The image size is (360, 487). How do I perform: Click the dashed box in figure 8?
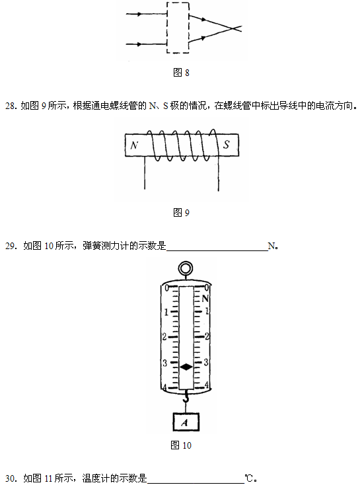tap(167, 28)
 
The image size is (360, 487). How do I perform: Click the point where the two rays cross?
tap(232, 28)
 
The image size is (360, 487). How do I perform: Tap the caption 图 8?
tap(181, 73)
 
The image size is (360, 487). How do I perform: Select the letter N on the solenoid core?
tap(134, 145)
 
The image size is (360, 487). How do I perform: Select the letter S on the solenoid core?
tap(227, 145)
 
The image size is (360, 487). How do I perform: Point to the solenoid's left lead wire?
tap(144, 172)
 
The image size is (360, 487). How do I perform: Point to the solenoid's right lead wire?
tap(219, 173)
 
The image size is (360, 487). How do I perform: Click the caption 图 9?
tap(181, 212)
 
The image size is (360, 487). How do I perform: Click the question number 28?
tap(11, 106)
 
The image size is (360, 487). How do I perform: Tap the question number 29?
tap(11, 246)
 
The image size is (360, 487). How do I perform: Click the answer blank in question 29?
tap(217, 250)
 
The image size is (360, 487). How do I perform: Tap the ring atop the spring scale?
tap(185, 268)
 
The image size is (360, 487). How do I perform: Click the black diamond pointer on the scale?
tap(186, 367)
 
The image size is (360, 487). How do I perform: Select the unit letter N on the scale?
tap(205, 299)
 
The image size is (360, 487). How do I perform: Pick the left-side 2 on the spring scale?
tap(164, 337)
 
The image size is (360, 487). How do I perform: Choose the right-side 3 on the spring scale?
tap(205, 362)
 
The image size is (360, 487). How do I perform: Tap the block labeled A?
tap(186, 422)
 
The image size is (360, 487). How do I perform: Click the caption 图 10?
tap(181, 445)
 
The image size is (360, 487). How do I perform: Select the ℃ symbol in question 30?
tap(249, 478)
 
